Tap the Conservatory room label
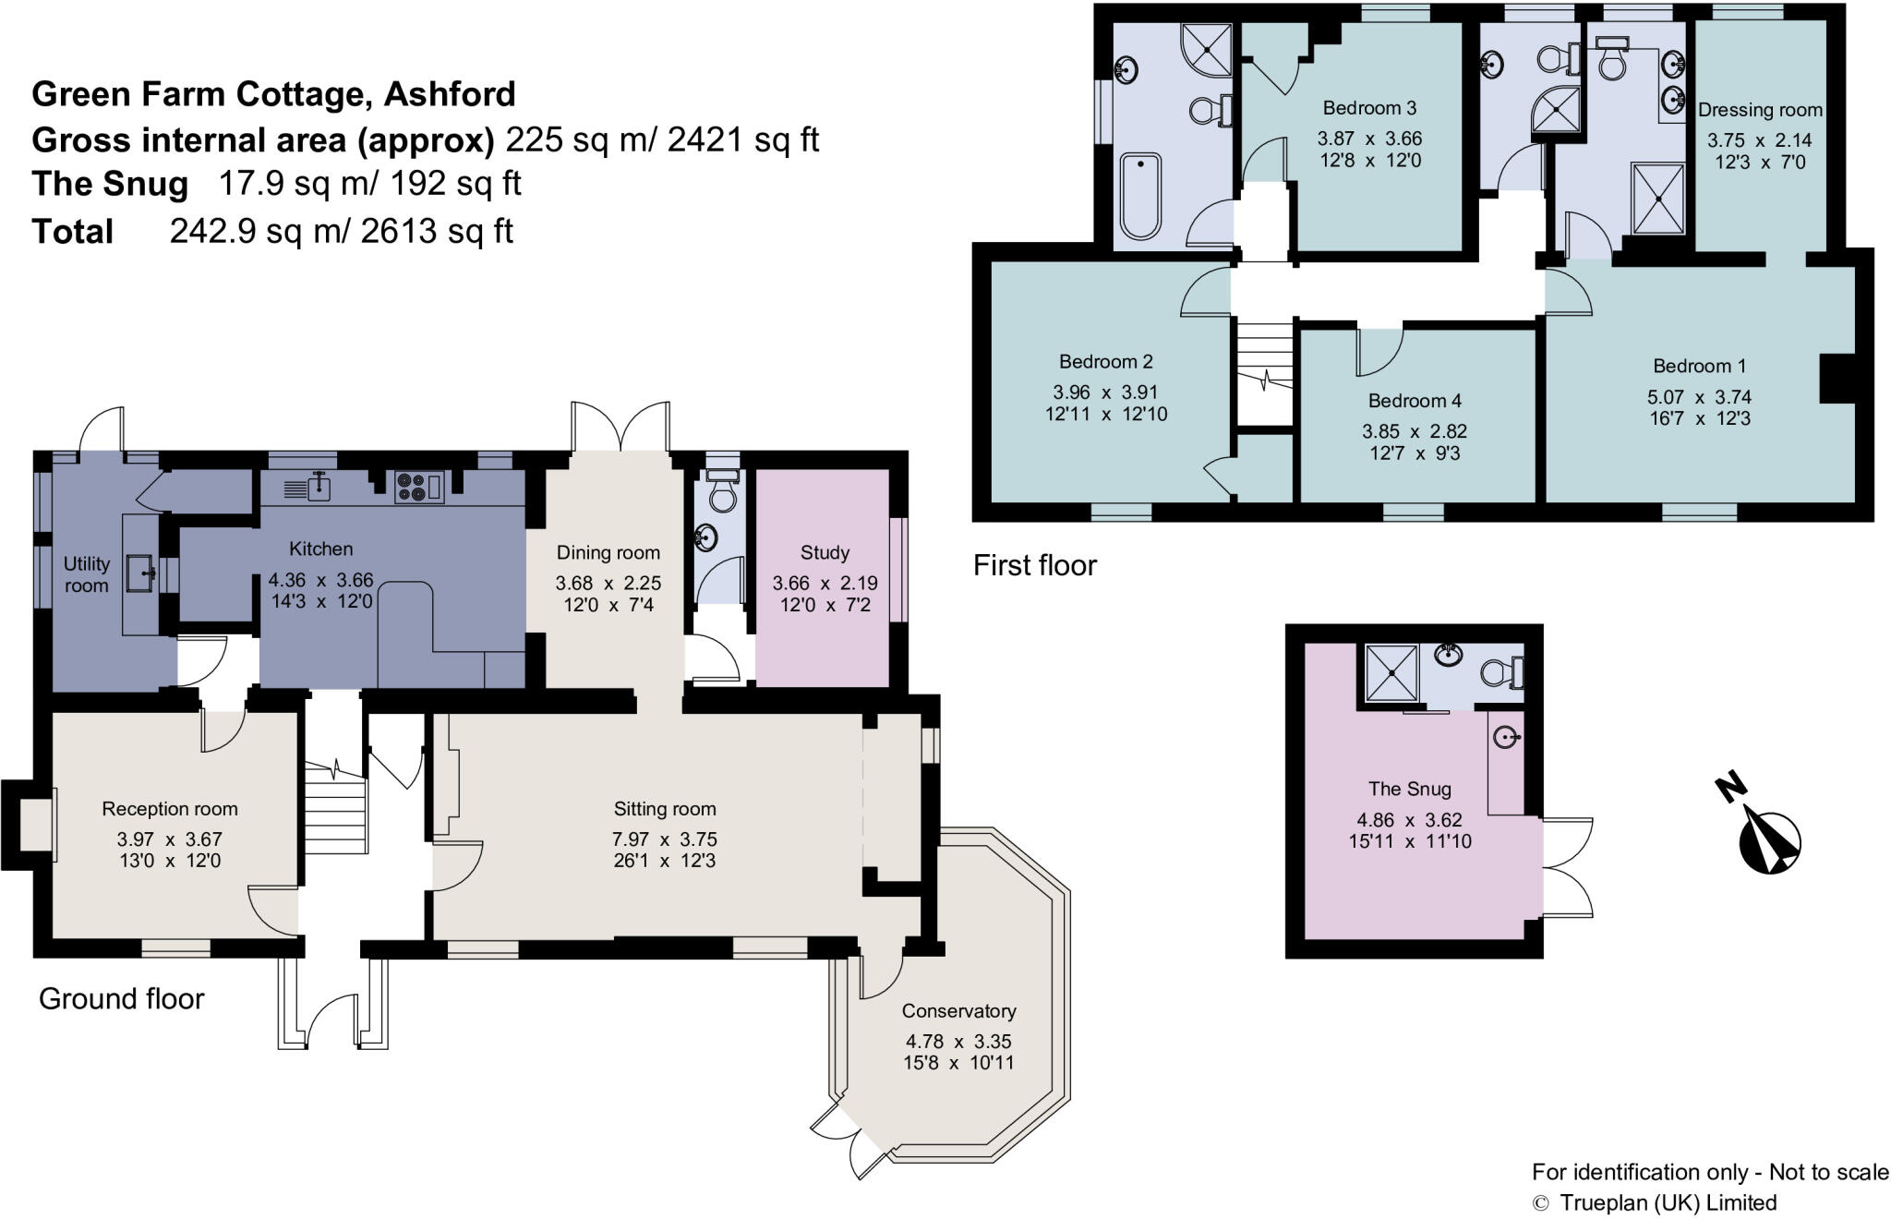coord(958,1010)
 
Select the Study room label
coord(824,552)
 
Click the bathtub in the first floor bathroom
coord(1140,195)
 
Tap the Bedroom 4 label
coord(1415,401)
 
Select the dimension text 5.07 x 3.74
coord(1699,397)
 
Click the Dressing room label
coord(1760,110)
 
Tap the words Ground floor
coord(121,998)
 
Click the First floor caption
coord(1034,564)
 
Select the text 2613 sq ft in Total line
coord(437,231)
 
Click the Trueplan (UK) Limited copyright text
coord(1667,1202)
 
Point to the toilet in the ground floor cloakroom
coord(721,494)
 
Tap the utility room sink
coord(141,572)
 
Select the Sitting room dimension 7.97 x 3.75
coord(664,839)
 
